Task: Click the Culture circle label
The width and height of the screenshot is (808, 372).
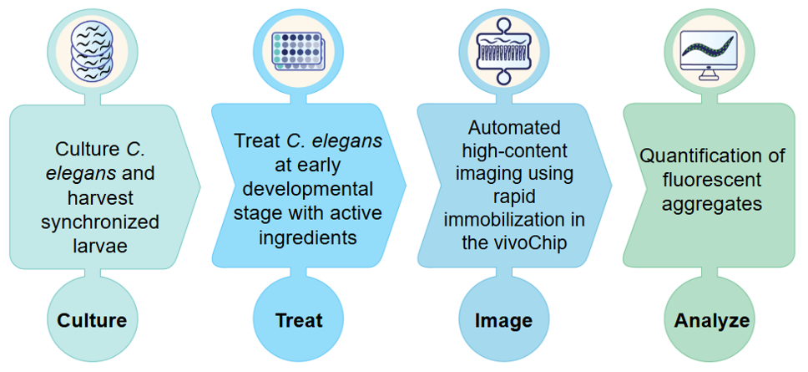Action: point(93,320)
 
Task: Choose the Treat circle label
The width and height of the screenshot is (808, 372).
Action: point(299,320)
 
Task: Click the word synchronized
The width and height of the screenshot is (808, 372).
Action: point(100,222)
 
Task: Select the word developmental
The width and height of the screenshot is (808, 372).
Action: point(316,189)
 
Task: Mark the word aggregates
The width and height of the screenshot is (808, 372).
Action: point(710,203)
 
